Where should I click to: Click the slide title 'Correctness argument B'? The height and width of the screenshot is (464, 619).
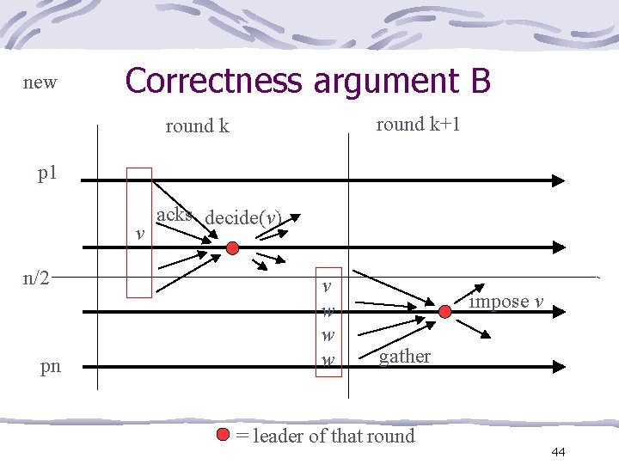[308, 81]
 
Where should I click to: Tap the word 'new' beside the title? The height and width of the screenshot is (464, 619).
[40, 82]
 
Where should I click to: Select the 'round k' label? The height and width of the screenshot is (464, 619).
[197, 126]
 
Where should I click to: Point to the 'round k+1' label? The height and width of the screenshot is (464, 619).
[418, 124]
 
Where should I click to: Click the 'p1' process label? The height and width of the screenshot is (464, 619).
[47, 173]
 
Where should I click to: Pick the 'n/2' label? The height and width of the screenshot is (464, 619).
[35, 278]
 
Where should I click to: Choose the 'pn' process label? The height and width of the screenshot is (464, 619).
[51, 366]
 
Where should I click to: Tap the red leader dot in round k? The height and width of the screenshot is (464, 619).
[232, 248]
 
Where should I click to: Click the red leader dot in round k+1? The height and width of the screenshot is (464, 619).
[444, 312]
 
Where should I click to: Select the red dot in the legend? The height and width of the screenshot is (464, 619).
[224, 435]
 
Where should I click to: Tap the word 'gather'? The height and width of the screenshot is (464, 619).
[405, 356]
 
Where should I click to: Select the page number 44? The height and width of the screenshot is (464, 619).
[557, 452]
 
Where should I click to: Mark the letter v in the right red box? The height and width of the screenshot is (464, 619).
[328, 285]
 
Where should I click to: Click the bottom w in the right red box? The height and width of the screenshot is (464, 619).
[328, 357]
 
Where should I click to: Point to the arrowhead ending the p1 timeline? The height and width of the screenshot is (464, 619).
[558, 180]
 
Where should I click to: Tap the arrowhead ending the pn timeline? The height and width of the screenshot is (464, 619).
[558, 367]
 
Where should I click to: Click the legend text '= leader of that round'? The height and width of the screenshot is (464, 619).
[325, 436]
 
